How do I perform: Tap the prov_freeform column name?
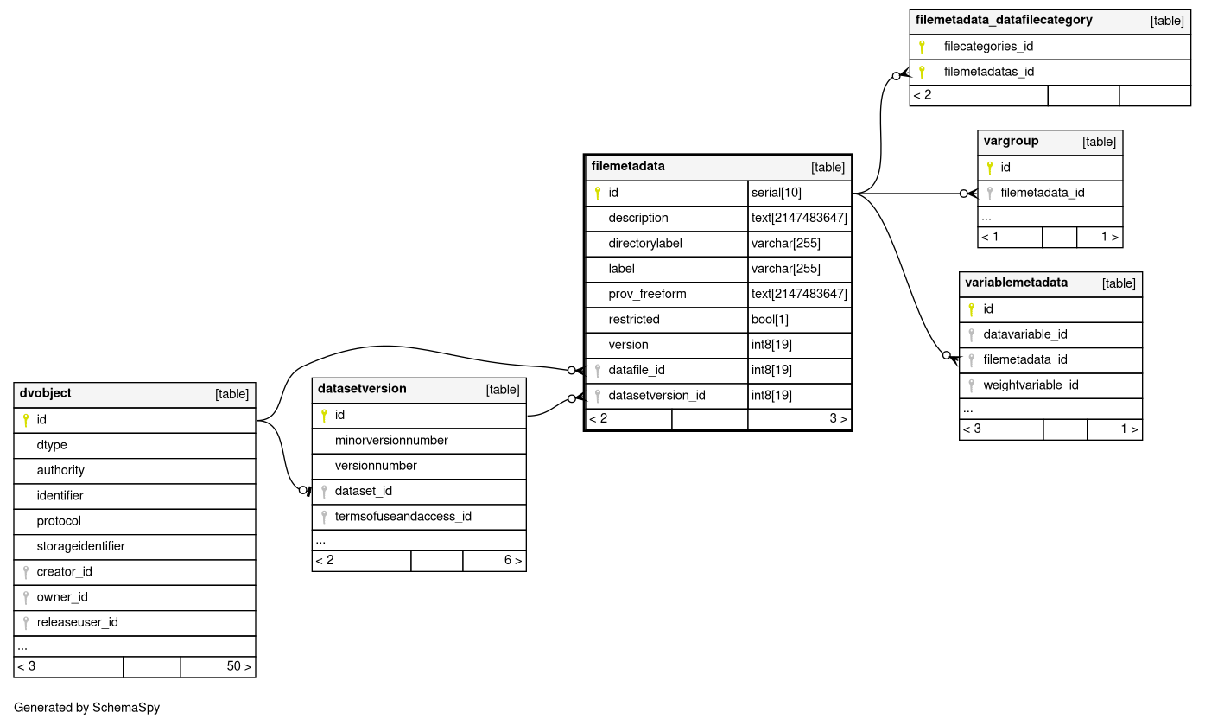[647, 294]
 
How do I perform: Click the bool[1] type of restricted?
[770, 320]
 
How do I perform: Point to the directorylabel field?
[644, 244]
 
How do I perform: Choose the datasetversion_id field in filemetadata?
[656, 396]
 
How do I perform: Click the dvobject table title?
[45, 394]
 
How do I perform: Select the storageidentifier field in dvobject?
[80, 546]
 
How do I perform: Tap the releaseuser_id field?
[77, 622]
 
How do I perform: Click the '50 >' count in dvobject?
[238, 666]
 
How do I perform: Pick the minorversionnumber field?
[391, 441]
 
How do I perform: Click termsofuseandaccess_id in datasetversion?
[403, 517]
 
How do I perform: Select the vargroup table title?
[1011, 142]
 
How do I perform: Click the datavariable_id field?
[1024, 334]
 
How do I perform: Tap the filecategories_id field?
[988, 47]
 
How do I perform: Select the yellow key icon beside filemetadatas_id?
[922, 73]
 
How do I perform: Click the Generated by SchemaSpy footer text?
[86, 708]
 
